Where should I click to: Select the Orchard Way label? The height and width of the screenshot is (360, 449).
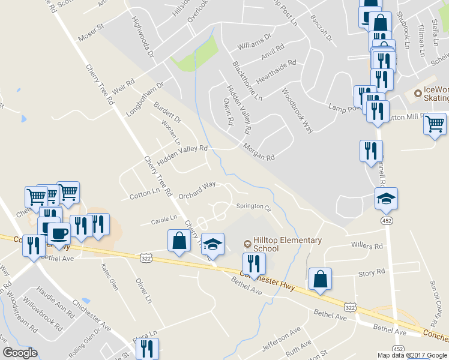(197, 189)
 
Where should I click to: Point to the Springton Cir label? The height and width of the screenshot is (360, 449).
(253, 206)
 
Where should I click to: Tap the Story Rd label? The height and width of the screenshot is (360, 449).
(372, 272)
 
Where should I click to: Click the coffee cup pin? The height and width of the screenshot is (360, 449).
(59, 233)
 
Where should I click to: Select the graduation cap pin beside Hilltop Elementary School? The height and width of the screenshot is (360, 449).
(212, 244)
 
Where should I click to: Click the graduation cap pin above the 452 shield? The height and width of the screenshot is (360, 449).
(386, 199)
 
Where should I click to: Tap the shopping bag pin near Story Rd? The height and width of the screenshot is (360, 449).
(321, 279)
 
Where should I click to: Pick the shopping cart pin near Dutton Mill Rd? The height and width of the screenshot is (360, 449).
(434, 124)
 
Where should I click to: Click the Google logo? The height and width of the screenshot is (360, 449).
(20, 353)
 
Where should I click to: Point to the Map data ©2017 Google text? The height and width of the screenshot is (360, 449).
(412, 355)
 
